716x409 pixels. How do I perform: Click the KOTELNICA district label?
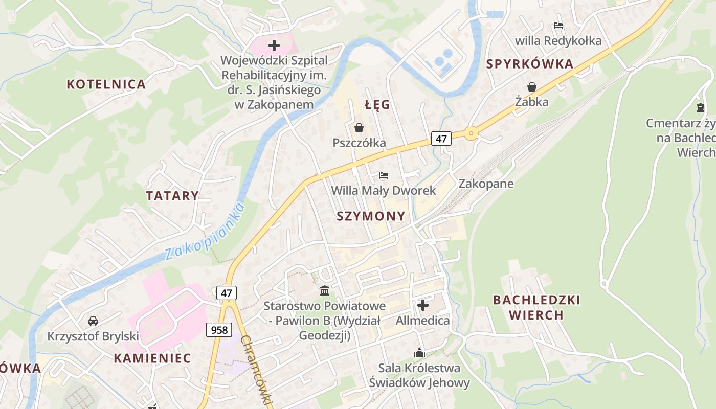pyautogui.click(x=106, y=84)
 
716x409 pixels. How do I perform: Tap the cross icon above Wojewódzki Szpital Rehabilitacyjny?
pyautogui.click(x=274, y=46)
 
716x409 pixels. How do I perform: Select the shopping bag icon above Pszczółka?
pyautogui.click(x=359, y=127)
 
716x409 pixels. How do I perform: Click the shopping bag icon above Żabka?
pyautogui.click(x=532, y=86)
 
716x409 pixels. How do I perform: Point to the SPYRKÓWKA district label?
pyautogui.click(x=530, y=64)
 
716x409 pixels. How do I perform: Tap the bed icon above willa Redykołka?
pyautogui.click(x=558, y=25)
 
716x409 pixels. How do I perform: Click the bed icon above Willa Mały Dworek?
pyautogui.click(x=384, y=175)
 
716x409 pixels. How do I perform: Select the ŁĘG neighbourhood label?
pyautogui.click(x=377, y=105)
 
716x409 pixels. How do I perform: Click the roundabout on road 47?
pyautogui.click(x=471, y=134)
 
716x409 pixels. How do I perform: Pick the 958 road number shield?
pyautogui.click(x=219, y=330)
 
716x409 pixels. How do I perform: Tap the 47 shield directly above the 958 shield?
pyautogui.click(x=227, y=293)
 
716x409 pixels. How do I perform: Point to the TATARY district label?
pyautogui.click(x=172, y=196)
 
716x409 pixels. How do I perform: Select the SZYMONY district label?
pyautogui.click(x=371, y=216)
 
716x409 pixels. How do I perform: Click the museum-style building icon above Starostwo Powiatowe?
pyautogui.click(x=324, y=291)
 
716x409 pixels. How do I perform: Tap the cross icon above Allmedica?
pyautogui.click(x=423, y=305)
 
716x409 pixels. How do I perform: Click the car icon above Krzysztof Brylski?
pyautogui.click(x=93, y=321)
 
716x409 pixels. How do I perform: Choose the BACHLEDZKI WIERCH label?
pyautogui.click(x=536, y=307)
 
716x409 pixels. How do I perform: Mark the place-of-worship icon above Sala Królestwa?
pyautogui.click(x=419, y=353)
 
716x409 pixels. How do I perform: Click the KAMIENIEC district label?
pyautogui.click(x=152, y=358)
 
